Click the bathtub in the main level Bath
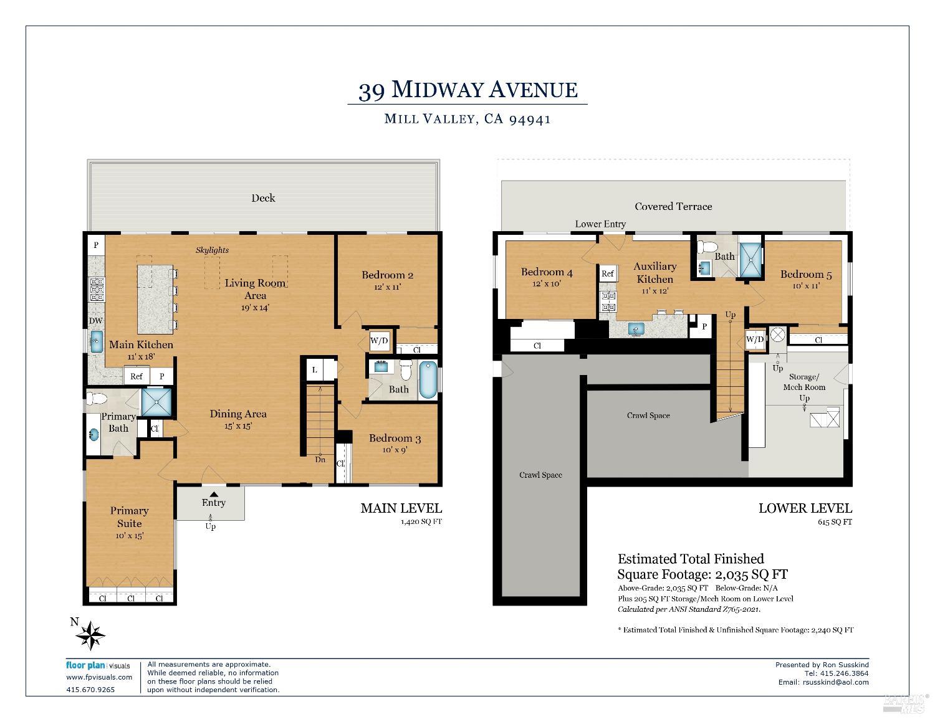pyautogui.click(x=428, y=380)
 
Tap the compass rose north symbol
pyautogui.click(x=90, y=635)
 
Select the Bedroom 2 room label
pyautogui.click(x=387, y=275)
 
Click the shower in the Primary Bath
pyautogui.click(x=156, y=402)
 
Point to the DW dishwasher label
pyautogui.click(x=95, y=320)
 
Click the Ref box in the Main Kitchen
pyautogui.click(x=137, y=376)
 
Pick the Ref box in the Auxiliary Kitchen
pyautogui.click(x=608, y=273)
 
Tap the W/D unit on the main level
pyautogui.click(x=379, y=341)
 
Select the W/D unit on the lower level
pyautogui.click(x=755, y=339)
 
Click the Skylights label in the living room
pyautogui.click(x=212, y=250)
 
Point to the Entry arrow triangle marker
pyautogui.click(x=214, y=494)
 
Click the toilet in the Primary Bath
pyautogui.click(x=97, y=399)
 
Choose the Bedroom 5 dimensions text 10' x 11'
pyautogui.click(x=806, y=285)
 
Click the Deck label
pyautogui.click(x=263, y=198)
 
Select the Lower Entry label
pyautogui.click(x=600, y=224)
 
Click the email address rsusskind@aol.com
pyautogui.click(x=836, y=682)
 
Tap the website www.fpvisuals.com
pyautogui.click(x=99, y=677)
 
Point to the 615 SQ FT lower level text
pyautogui.click(x=835, y=522)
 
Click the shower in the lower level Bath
pyautogui.click(x=751, y=260)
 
